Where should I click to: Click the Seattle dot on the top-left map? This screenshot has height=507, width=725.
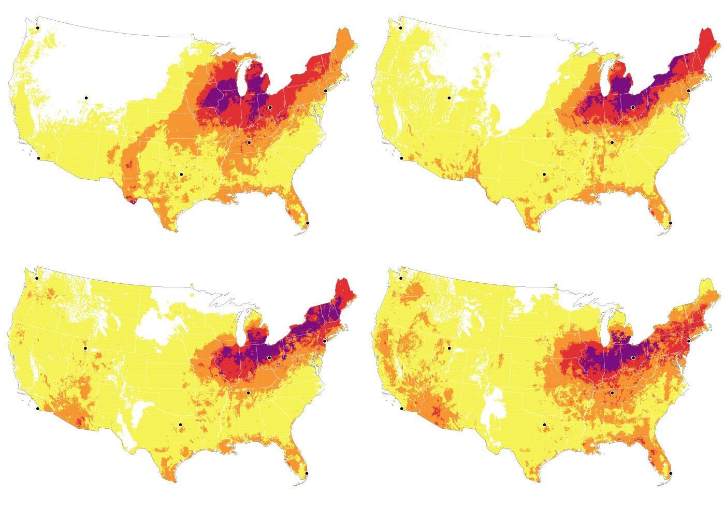(38, 28)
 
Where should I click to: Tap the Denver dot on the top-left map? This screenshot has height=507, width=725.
(86, 97)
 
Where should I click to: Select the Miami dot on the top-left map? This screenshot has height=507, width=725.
(307, 223)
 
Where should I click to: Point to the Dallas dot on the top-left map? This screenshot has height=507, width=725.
(181, 175)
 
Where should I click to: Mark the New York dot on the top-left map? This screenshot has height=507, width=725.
(325, 91)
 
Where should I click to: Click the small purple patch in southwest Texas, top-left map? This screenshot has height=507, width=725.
(133, 201)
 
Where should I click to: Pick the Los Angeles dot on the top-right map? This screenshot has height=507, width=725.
(401, 158)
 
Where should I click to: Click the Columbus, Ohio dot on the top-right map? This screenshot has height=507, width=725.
(633, 107)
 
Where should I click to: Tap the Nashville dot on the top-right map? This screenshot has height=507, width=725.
(612, 142)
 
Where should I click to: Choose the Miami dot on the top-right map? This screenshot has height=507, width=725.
(670, 223)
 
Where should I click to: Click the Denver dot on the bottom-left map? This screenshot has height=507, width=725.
(86, 348)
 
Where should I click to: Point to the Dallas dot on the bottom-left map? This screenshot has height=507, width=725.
(181, 425)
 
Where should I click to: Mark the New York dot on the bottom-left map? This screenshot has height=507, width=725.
(325, 341)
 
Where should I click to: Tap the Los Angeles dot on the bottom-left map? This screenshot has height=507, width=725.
(38, 409)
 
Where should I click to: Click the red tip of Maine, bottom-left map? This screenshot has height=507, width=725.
(342, 286)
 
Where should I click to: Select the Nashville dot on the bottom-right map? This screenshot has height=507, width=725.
(612, 393)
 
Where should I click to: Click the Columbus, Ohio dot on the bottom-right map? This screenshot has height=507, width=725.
(633, 358)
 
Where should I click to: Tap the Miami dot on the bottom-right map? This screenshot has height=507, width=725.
(670, 473)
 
